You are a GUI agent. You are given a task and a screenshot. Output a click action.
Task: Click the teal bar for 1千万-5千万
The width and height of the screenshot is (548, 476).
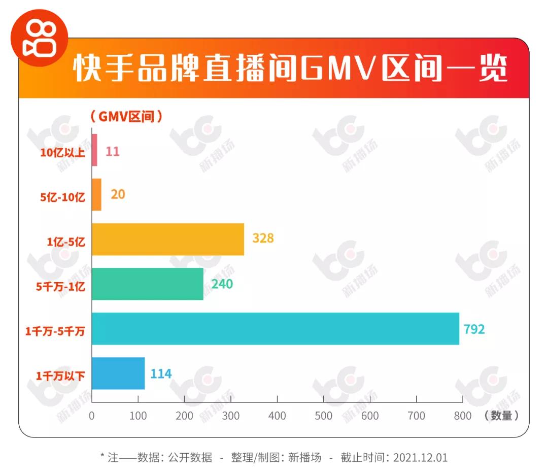[276, 329]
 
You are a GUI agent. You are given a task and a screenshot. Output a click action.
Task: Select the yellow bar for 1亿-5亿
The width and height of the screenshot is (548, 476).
[168, 240]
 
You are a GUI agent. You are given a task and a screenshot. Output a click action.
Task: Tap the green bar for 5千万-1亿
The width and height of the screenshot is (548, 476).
[148, 284]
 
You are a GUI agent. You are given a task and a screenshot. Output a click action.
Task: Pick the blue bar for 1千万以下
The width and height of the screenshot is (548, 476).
[118, 373]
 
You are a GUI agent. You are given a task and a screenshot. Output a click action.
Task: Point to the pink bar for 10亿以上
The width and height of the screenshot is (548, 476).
[94, 150]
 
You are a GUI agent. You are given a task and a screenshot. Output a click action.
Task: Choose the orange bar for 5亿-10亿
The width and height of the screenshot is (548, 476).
[96, 195]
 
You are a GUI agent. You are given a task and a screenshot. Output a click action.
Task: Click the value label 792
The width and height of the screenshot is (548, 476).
[474, 329]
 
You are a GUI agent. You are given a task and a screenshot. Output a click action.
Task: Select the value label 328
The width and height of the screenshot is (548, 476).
[262, 238]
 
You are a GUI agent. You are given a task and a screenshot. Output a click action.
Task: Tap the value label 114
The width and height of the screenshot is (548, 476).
[161, 374]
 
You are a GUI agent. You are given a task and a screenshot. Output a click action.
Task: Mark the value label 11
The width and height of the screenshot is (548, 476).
[113, 151]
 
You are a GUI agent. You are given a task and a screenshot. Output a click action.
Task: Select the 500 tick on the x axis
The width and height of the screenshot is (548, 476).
[323, 416]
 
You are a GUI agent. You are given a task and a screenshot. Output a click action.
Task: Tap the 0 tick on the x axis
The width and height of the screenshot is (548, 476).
[92, 416]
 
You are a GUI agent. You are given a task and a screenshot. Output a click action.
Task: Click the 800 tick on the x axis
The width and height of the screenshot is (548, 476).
[462, 416]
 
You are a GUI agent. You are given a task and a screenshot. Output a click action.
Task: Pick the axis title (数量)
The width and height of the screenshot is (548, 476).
[502, 416]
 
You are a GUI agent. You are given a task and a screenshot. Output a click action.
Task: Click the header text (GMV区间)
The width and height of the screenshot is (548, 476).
[126, 116]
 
